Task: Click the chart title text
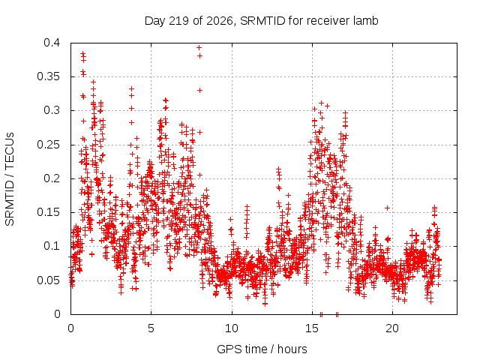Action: pos(262,21)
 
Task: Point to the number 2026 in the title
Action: pos(220,21)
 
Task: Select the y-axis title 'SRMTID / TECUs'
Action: pos(10,179)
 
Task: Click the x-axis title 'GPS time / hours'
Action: pos(262,349)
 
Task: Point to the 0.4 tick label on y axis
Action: pos(52,43)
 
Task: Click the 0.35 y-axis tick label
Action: pos(48,76)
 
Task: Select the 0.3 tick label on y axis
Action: pos(52,110)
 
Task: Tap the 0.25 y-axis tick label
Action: pos(48,145)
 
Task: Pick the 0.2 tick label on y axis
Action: pos(52,178)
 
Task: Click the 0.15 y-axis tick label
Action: pos(48,212)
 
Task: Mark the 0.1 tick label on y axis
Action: pos(52,246)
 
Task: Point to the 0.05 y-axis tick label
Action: pos(48,280)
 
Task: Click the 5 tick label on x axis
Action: pos(151,328)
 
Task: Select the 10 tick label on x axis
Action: pos(232,328)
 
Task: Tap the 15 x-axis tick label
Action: pos(312,328)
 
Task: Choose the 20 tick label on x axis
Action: pos(392,328)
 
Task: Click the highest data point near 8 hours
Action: pos(199,48)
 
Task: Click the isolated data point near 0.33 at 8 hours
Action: pos(199,90)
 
